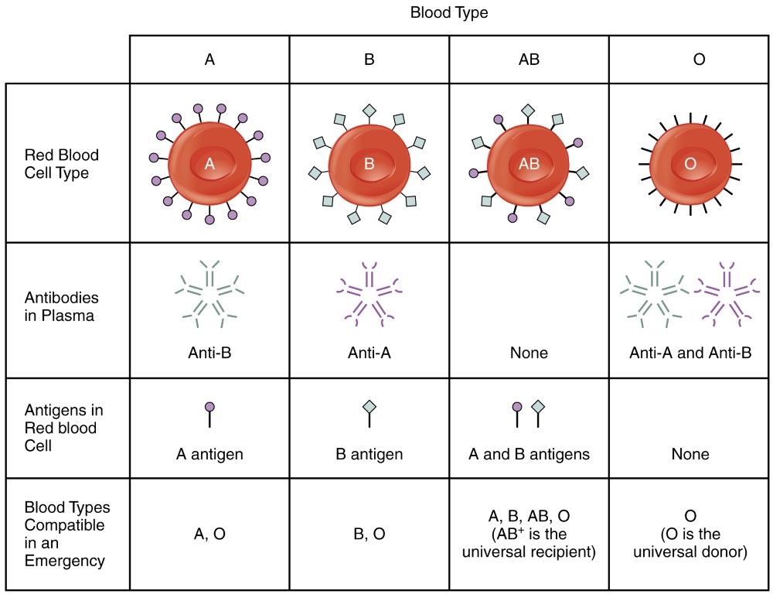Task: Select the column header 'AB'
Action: click(529, 60)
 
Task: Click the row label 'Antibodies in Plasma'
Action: click(62, 306)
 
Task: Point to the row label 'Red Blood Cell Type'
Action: click(62, 164)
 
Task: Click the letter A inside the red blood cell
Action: click(209, 164)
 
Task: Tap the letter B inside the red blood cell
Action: click(369, 164)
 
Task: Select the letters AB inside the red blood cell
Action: click(529, 164)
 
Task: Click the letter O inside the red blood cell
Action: click(690, 164)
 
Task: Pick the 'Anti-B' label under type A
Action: click(209, 353)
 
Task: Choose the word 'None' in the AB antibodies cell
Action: click(529, 353)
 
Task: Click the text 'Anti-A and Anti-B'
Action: click(690, 353)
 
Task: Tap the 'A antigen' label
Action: click(209, 454)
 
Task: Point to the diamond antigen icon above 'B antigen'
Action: click(369, 407)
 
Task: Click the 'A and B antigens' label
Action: click(529, 454)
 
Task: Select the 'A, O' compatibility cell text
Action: click(209, 533)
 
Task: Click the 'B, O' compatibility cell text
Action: click(369, 533)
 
